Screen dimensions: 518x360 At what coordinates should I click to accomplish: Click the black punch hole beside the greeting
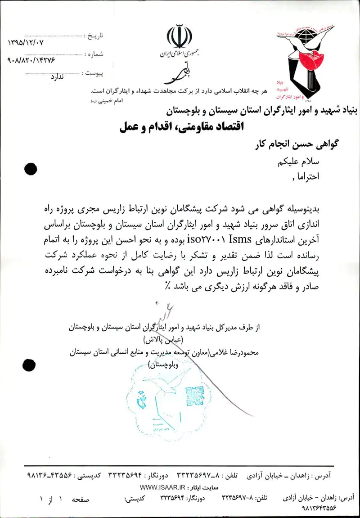coord(31,169)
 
